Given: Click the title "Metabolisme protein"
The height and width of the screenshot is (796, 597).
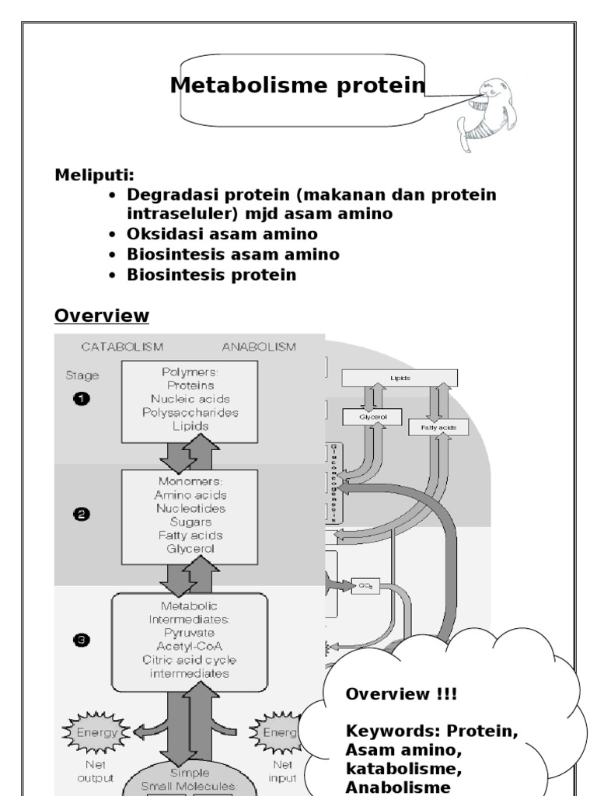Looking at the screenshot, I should tap(298, 86).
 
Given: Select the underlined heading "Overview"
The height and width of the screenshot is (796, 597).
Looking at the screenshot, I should tap(101, 316).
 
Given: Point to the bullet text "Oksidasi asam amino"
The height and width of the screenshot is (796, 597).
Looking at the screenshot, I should tap(222, 234).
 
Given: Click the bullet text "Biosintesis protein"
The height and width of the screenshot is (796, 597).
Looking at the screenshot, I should tap(211, 274).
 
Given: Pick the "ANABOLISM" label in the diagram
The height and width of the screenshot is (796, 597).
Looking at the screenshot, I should tap(258, 347).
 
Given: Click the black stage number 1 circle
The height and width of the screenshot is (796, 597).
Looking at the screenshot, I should tap(82, 399).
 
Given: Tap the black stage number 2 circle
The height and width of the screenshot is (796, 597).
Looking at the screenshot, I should tap(82, 514).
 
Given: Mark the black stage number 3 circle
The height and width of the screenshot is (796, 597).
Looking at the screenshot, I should tap(82, 641).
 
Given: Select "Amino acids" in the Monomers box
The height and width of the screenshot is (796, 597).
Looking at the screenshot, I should tap(190, 494).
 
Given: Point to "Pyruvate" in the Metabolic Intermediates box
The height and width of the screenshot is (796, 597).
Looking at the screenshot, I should tap(190, 633).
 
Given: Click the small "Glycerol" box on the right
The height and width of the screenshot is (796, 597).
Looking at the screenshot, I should tap(371, 417).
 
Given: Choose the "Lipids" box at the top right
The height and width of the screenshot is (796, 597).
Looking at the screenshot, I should tap(400, 378).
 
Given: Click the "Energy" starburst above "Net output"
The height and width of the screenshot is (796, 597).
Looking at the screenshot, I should tap(95, 731).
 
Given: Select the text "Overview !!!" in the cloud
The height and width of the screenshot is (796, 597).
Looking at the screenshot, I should tap(391, 693).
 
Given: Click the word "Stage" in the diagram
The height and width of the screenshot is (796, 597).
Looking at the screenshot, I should tap(82, 375).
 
